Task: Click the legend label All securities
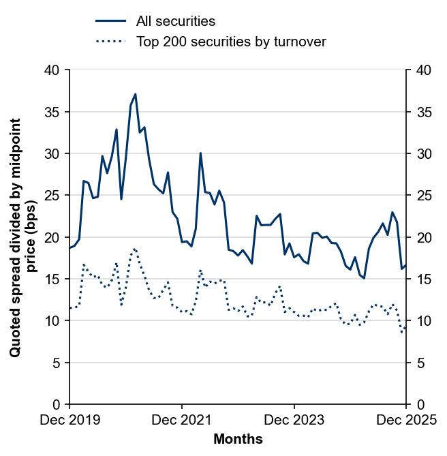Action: [x=176, y=21]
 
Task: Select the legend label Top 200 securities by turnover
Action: [x=231, y=42]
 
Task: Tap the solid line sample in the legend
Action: [x=110, y=21]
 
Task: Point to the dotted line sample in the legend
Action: [x=110, y=42]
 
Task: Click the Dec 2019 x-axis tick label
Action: [x=70, y=421]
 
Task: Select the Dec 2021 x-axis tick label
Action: [x=182, y=421]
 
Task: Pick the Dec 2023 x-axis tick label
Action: [x=294, y=421]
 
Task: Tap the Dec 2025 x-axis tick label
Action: [x=406, y=421]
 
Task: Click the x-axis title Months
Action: [x=238, y=440]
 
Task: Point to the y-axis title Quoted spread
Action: [x=23, y=237]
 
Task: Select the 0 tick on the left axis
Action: [x=57, y=405]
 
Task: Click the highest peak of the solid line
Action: [x=135, y=94]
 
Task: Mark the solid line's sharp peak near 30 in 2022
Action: [x=200, y=153]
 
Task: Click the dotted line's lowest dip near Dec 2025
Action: [x=402, y=333]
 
